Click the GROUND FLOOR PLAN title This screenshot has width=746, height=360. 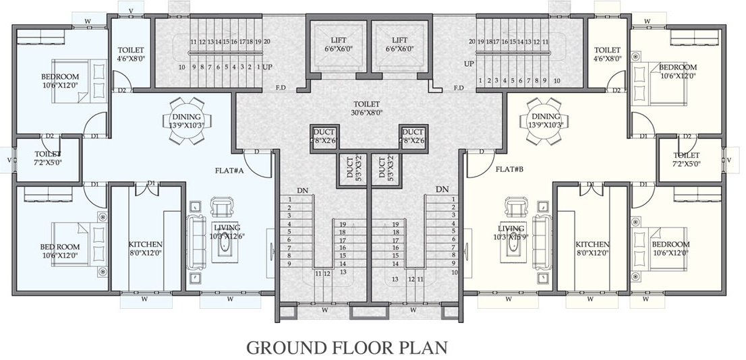tap(347, 347)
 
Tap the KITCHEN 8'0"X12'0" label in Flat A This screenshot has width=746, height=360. tap(146, 249)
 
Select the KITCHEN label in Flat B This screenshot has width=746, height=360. tap(592, 249)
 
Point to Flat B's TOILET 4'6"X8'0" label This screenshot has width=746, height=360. tap(607, 54)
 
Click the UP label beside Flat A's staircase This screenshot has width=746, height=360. tap(267, 67)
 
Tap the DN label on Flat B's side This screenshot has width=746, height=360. tap(442, 190)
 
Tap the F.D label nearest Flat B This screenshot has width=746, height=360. tap(458, 88)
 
